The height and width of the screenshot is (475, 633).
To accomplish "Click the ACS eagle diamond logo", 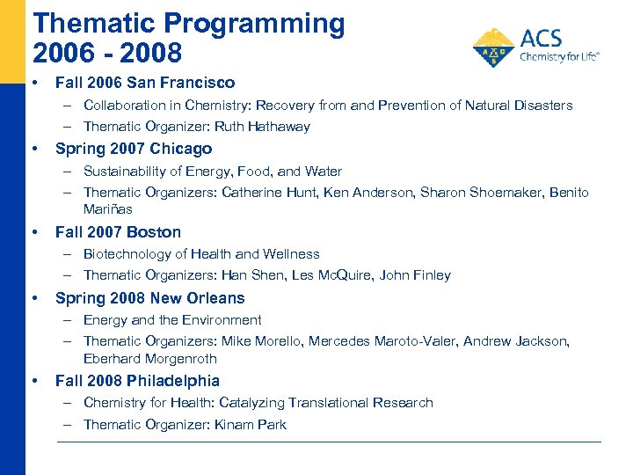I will (x=493, y=48).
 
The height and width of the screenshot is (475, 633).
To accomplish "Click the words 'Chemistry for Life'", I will (x=559, y=57).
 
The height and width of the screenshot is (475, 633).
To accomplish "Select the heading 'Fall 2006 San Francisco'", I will (x=145, y=83).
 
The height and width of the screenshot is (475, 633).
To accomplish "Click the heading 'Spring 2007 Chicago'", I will (x=134, y=149).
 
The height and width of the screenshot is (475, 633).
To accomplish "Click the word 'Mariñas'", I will (x=107, y=209).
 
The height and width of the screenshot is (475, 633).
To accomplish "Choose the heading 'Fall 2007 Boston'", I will (x=118, y=232).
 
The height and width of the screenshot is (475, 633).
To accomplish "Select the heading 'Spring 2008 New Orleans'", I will (x=149, y=298).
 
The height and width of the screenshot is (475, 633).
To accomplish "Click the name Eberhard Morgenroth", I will (x=149, y=359).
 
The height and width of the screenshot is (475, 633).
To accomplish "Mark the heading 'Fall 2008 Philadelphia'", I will (x=137, y=381).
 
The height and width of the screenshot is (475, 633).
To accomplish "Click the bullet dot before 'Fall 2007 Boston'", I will (x=34, y=232).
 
